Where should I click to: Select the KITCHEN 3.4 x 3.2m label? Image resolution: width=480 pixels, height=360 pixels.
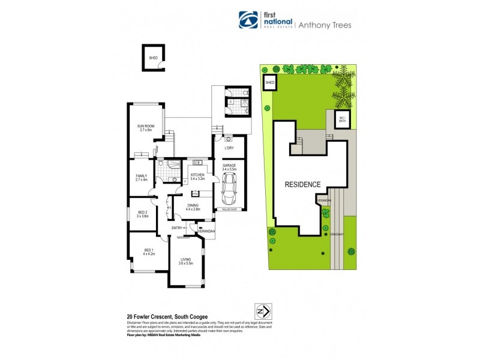click(x=197, y=177)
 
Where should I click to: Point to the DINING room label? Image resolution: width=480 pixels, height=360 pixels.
click(x=192, y=206)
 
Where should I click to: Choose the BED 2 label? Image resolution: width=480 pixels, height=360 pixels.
click(x=142, y=214)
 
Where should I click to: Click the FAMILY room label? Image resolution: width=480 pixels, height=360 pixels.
click(x=141, y=177)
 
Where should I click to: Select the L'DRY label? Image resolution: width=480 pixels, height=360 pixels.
click(x=229, y=148)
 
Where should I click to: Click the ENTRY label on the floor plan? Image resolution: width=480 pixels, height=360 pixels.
click(x=177, y=228)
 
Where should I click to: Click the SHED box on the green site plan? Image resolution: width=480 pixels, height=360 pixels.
click(x=269, y=83)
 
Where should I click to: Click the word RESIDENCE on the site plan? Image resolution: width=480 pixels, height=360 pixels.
click(x=302, y=185)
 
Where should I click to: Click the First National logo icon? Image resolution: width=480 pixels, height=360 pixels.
click(x=247, y=20)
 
